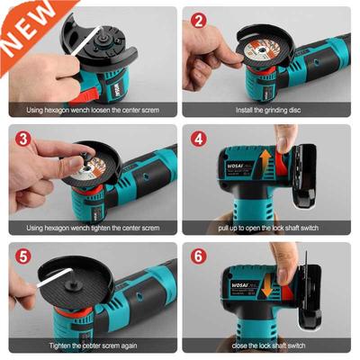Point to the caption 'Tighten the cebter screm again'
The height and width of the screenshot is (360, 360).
pyautogui.click(x=90, y=345)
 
